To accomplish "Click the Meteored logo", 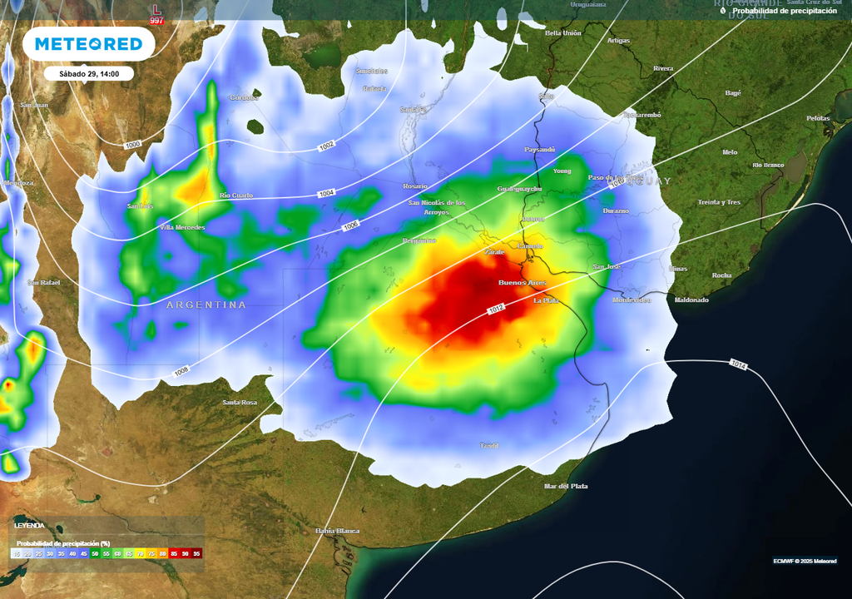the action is pos(87,44).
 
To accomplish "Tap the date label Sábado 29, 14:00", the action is pos(89,74).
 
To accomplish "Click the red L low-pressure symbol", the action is pos(156,9).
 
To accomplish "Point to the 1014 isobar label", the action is pos(738,364).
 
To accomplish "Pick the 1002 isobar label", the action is pos(326,146).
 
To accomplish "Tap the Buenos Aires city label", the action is pos(522,283).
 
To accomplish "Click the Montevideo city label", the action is pos(632,299).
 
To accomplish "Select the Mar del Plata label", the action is pos(566,486).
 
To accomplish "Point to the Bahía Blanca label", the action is pos(337,530).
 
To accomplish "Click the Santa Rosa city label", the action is pos(240,403).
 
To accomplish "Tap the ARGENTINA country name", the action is pos(206,305).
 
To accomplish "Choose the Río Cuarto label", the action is pos(235,196).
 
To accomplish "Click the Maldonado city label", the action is pos(691,299).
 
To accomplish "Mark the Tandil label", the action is pos(489,446).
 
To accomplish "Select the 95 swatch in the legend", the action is pos(196,553).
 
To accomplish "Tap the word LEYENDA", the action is pos(30,526).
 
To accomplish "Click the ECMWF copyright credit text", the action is pos(804,561).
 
